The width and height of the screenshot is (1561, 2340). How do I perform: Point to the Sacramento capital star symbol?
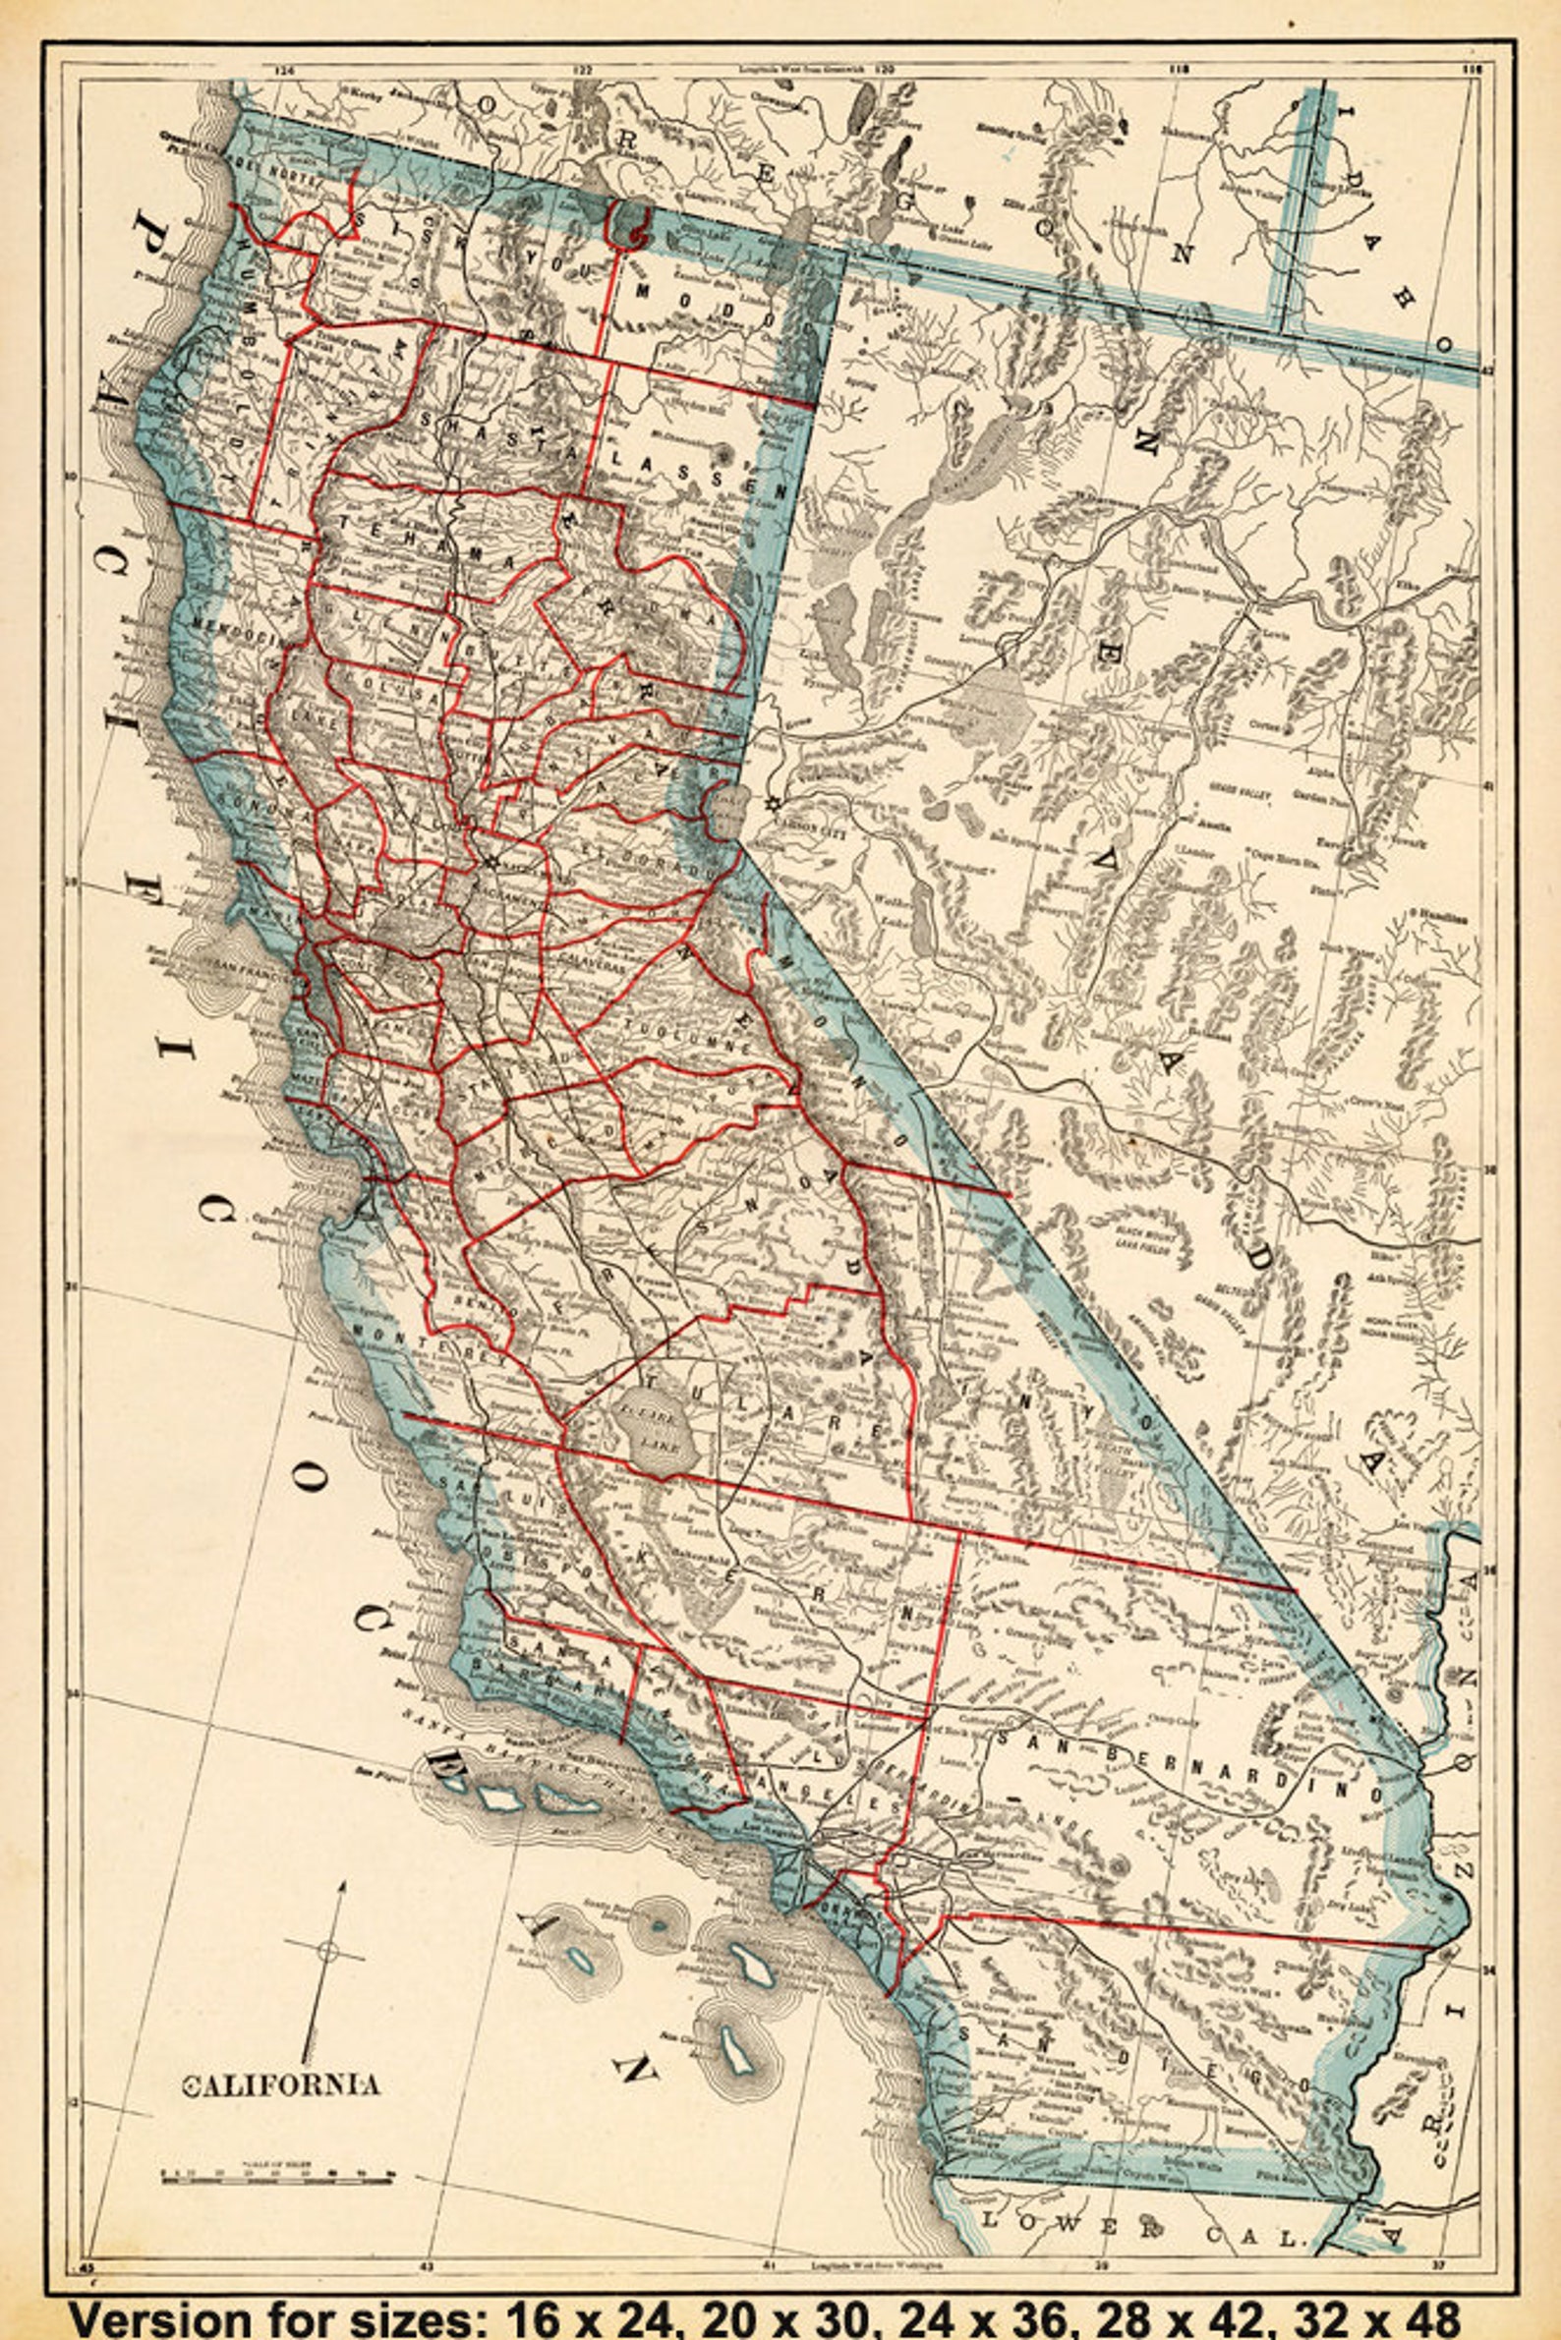click(x=490, y=862)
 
